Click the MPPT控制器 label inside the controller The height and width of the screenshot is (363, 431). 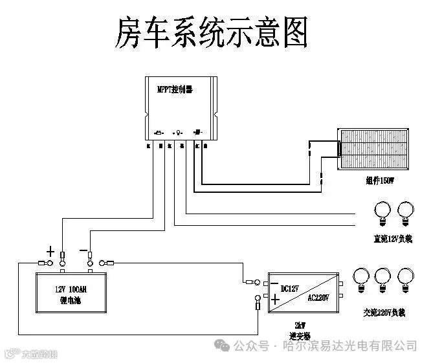pyautogui.click(x=175, y=90)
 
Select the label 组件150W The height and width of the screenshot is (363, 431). pyautogui.click(x=380, y=182)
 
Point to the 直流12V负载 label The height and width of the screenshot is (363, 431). pyautogui.click(x=389, y=238)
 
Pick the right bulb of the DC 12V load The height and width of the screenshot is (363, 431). pyautogui.click(x=406, y=210)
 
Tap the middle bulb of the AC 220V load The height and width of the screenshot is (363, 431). pyautogui.click(x=383, y=276)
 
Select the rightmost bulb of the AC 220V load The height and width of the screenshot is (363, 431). pyautogui.click(x=406, y=276)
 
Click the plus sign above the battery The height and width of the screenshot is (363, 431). pyautogui.click(x=50, y=250)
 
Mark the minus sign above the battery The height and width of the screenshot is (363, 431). pyautogui.click(x=83, y=250)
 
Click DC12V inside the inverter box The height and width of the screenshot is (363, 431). pyautogui.click(x=291, y=288)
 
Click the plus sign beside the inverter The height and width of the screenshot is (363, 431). pyautogui.click(x=274, y=299)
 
